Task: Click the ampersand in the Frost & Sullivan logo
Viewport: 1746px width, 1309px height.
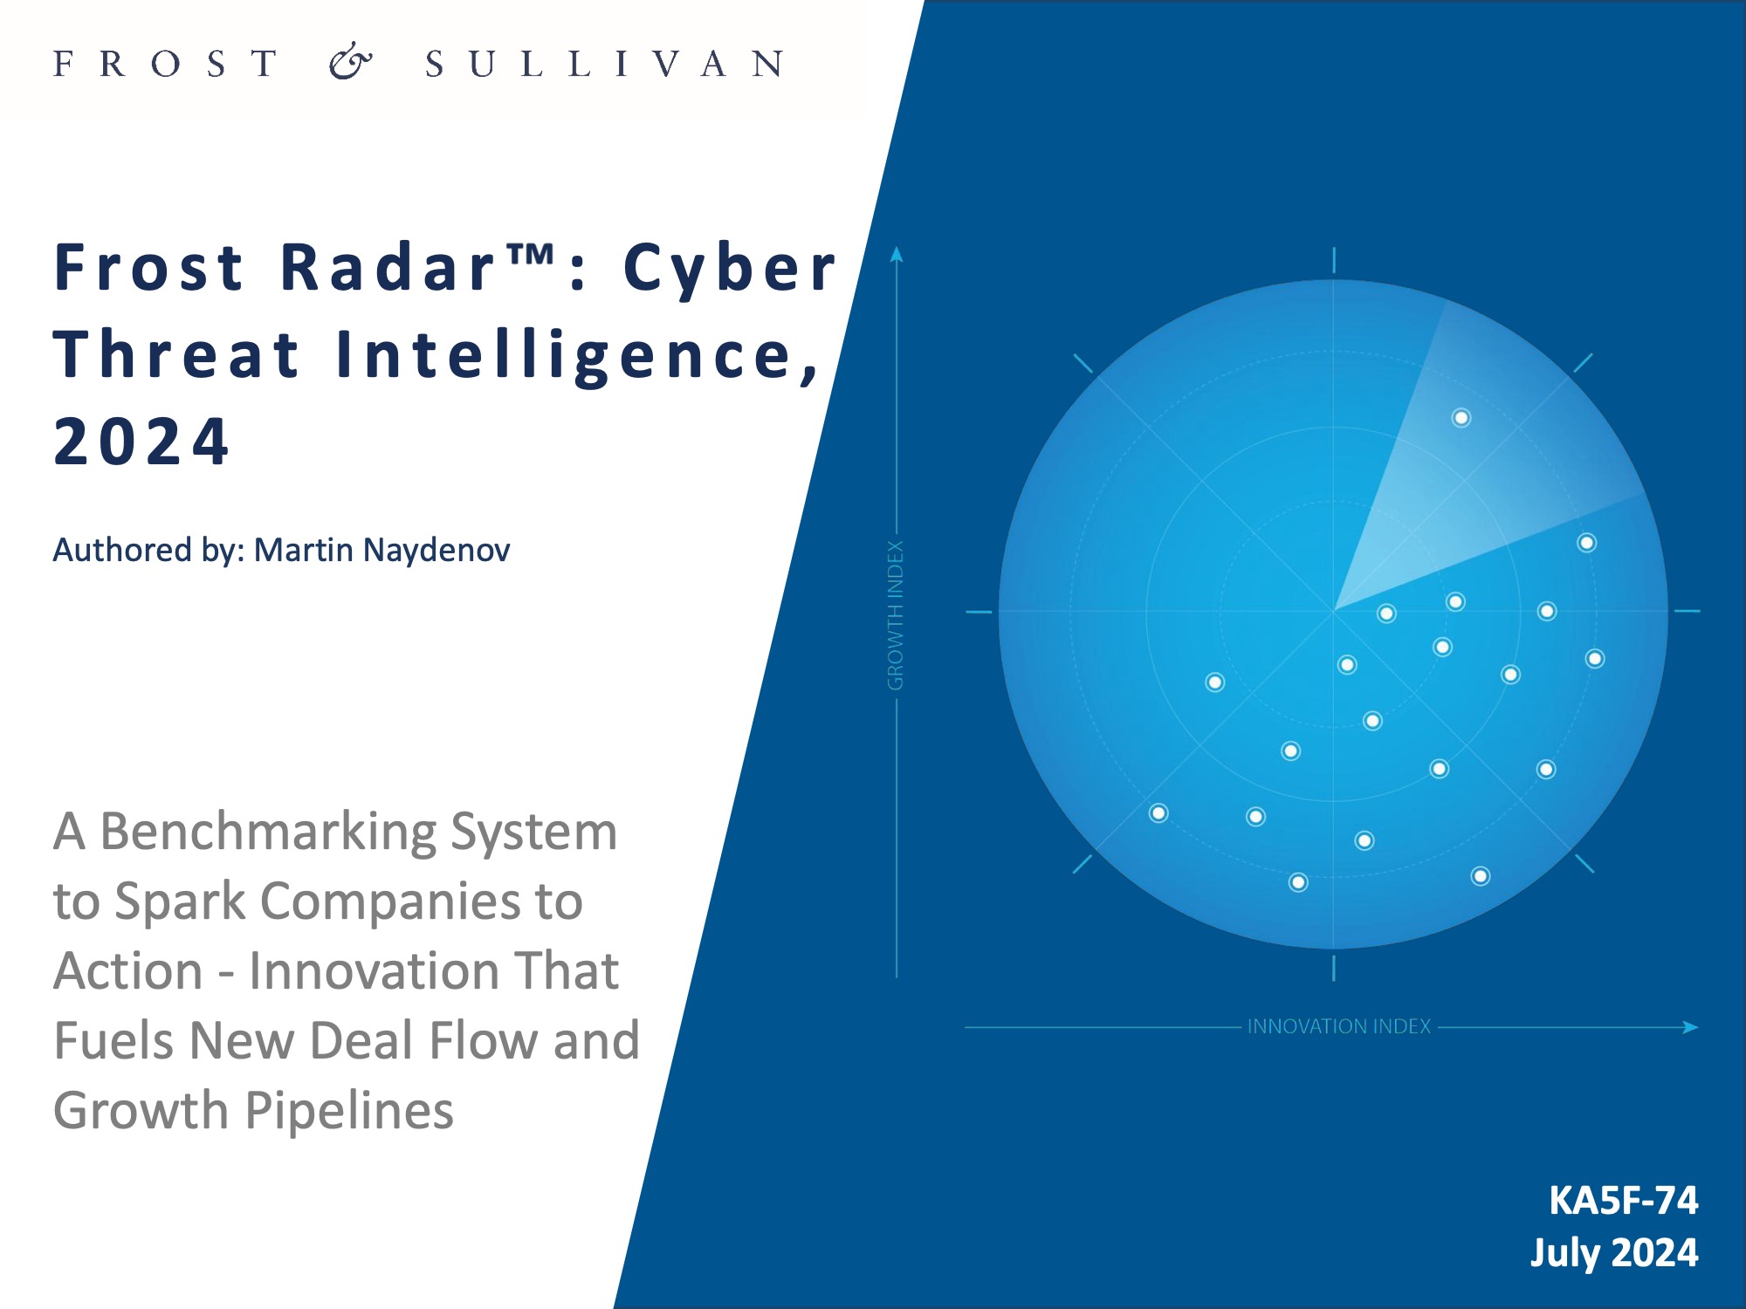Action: click(x=350, y=62)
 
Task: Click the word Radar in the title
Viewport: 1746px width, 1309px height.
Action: click(x=389, y=267)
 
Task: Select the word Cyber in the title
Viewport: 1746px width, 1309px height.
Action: click(x=730, y=267)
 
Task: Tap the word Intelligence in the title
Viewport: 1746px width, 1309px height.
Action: click(x=578, y=355)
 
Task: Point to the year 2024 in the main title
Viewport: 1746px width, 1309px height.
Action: click(x=141, y=442)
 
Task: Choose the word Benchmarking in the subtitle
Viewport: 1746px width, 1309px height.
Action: click(x=267, y=832)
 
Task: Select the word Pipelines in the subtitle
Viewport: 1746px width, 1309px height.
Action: click(x=349, y=1111)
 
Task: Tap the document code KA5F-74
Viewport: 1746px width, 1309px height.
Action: click(x=1623, y=1201)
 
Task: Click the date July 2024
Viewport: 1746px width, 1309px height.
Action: click(x=1614, y=1253)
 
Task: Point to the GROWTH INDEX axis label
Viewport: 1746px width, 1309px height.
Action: click(x=896, y=615)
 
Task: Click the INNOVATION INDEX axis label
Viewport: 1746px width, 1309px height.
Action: click(x=1338, y=1026)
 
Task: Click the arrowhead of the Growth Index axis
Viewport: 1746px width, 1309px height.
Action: click(x=897, y=254)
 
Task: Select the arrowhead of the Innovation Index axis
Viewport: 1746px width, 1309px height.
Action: click(x=1691, y=1027)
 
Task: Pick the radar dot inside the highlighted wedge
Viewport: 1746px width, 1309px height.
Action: click(x=1461, y=418)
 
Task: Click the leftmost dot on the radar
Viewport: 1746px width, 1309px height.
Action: click(x=1158, y=813)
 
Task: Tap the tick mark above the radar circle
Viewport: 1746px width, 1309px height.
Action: click(x=1334, y=260)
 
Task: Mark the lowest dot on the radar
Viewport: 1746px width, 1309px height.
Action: click(x=1298, y=882)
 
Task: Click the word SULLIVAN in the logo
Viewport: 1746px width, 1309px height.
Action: click(x=604, y=64)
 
